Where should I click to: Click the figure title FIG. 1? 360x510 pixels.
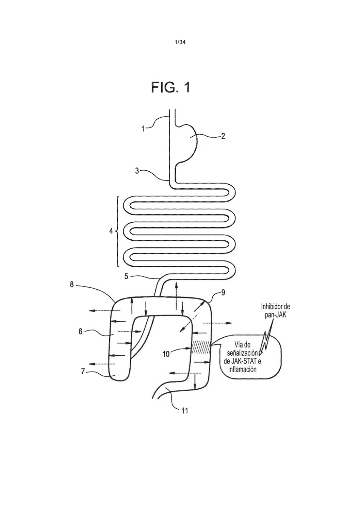[x=170, y=87]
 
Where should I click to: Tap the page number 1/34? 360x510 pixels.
[x=180, y=42]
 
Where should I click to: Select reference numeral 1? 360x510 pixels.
[x=143, y=129]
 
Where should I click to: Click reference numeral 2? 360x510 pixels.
[x=223, y=136]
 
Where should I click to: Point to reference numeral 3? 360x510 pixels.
[x=137, y=171]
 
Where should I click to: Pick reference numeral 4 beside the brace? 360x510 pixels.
[x=111, y=231]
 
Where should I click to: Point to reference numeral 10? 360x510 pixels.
[x=166, y=354]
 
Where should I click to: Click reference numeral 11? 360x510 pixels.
[x=184, y=411]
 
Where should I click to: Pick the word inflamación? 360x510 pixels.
[x=242, y=369]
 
